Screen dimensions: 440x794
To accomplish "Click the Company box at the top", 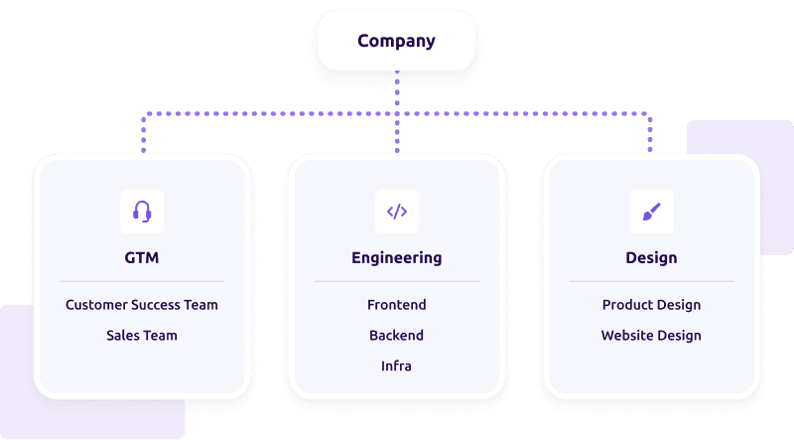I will coord(396,41).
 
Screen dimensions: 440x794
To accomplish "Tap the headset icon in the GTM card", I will coord(142,211).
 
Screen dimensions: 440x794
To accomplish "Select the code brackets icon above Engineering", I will coord(396,211).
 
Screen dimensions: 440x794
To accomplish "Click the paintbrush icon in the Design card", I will coord(651,211).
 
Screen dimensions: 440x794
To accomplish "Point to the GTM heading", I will coord(142,257).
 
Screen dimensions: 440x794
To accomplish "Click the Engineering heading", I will coord(396,257).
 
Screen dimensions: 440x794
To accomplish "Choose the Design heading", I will coord(651,257).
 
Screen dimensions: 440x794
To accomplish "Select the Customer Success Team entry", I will coord(142,305).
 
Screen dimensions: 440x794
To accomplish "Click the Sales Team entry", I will coord(142,336).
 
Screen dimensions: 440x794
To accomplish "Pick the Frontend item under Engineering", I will coord(396,305).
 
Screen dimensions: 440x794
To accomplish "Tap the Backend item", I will coord(396,336).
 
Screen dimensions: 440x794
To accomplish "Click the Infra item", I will coord(396,367).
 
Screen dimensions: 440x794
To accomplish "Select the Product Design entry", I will coord(651,305).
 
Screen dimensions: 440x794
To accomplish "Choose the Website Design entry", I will coord(651,336).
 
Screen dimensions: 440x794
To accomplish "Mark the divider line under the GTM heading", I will coord(142,281).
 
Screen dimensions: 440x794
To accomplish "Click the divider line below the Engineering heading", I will coord(396,281).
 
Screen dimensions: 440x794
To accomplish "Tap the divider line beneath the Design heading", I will coord(651,281).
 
